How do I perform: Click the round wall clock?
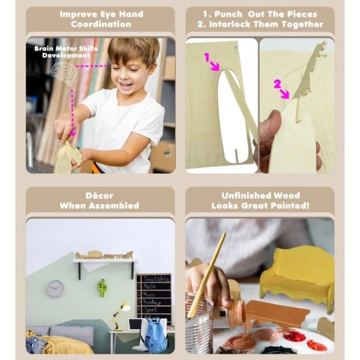55,289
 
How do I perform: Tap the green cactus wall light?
102,288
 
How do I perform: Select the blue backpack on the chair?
156,335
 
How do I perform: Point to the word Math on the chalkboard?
149,286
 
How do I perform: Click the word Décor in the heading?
99,196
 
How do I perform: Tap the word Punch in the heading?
228,14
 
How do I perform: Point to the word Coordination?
101,24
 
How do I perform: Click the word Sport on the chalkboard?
150,310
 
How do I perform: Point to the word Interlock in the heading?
229,24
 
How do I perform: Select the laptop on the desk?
136,324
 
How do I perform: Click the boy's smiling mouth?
125,86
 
